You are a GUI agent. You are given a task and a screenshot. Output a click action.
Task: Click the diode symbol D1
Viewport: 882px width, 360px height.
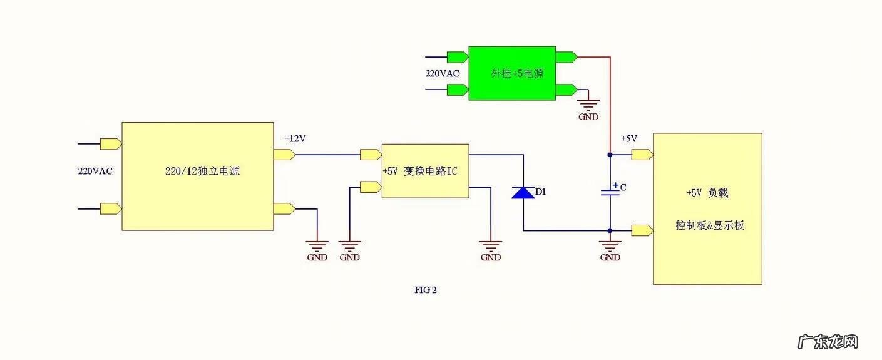coord(523,192)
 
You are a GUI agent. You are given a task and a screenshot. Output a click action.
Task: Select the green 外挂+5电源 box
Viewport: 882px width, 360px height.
coord(512,73)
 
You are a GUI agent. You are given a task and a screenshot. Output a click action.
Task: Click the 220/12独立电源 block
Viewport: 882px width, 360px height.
coord(197,176)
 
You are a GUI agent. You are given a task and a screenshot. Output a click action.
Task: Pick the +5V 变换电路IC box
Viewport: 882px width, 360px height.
coord(425,171)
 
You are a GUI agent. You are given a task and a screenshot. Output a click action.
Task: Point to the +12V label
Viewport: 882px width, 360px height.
coord(295,138)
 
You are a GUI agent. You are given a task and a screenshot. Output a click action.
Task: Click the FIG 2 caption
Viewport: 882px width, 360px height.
coord(426,290)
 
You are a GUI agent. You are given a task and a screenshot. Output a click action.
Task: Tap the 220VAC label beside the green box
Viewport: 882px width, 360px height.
coord(442,73)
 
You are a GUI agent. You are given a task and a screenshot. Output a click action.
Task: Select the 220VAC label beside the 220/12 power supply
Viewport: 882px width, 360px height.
coord(95,171)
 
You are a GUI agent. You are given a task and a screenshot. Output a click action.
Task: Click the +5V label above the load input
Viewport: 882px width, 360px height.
coord(628,138)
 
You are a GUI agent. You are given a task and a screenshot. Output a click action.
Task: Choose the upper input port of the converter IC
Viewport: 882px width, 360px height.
coord(371,154)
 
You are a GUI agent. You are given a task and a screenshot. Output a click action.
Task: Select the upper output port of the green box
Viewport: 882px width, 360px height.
coord(566,57)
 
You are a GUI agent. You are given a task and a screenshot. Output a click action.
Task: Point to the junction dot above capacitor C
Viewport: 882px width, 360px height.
coord(610,154)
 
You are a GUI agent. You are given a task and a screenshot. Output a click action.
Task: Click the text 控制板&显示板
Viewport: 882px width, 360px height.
coord(710,225)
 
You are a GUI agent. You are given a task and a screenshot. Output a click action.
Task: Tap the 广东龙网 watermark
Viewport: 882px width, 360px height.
coord(828,342)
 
